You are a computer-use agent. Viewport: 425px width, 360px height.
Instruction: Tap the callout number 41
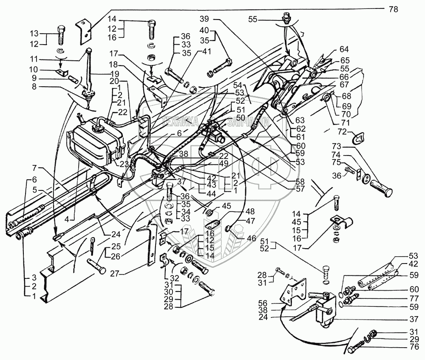point(207,51)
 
